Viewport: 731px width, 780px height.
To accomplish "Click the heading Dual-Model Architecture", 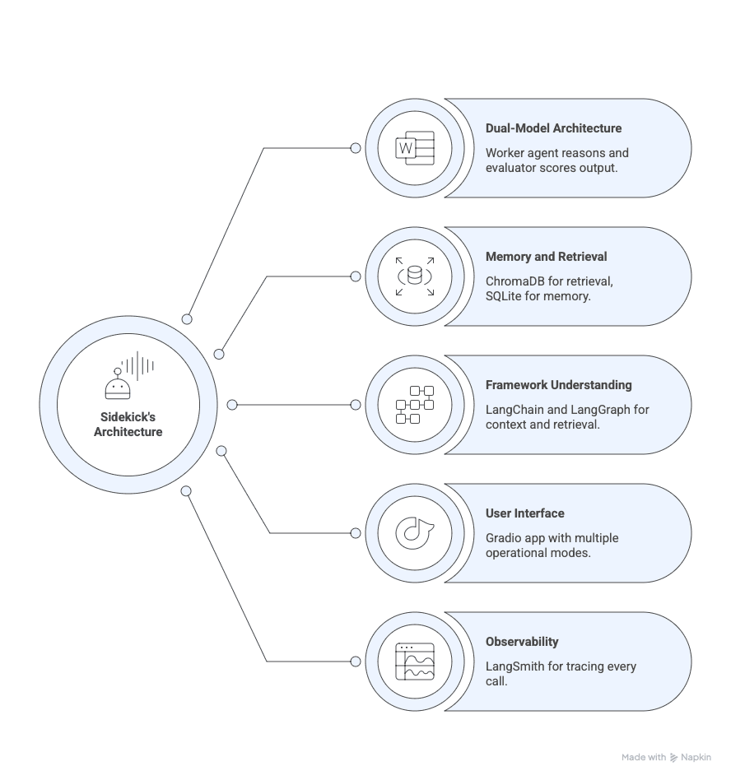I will (553, 128).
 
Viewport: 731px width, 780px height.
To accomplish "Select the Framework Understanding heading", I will (558, 385).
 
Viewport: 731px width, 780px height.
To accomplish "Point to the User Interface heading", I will (524, 513).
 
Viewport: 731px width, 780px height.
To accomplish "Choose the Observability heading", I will (522, 642).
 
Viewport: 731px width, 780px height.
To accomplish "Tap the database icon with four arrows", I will (414, 276).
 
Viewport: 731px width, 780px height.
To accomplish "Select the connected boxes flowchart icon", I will (414, 405).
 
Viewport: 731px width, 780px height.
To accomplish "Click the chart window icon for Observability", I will (414, 662).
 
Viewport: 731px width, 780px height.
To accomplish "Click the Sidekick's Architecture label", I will (128, 425).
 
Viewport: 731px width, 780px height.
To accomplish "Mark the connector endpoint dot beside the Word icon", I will (356, 148).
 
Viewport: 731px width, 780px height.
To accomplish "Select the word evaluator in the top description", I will (512, 168).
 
